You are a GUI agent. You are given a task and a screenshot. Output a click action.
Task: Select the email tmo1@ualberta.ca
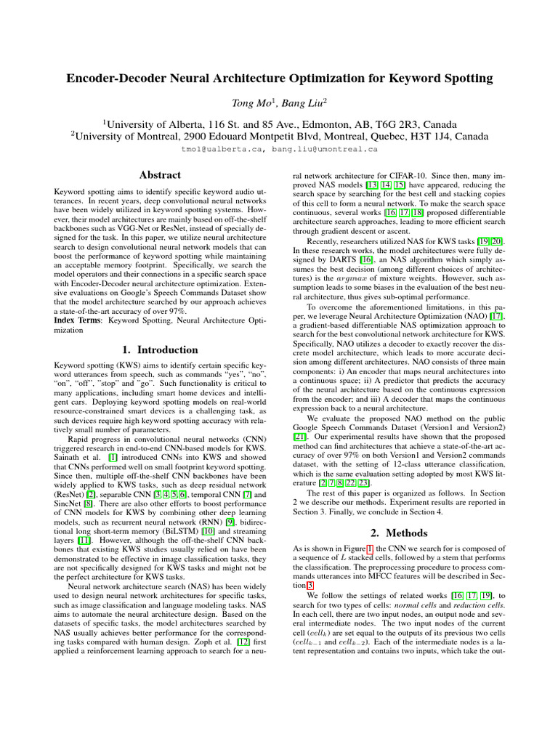click(x=226, y=148)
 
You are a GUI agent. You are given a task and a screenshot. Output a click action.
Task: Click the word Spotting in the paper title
click(x=467, y=77)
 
